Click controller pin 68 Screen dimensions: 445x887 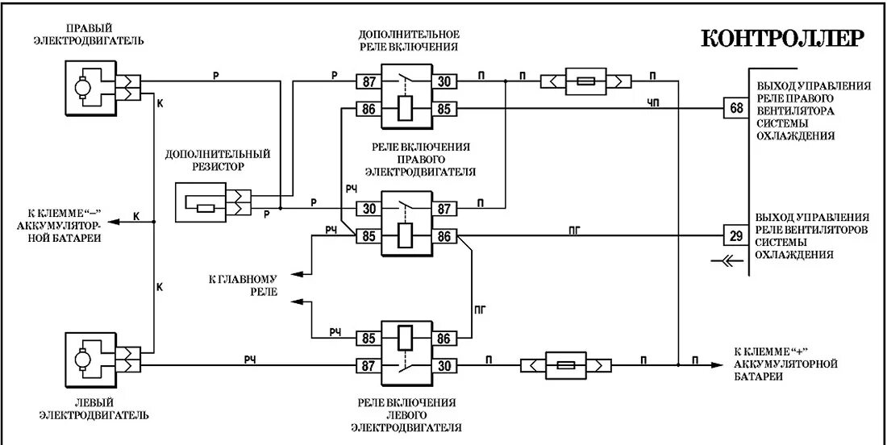point(736,109)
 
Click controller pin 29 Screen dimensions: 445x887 point(736,236)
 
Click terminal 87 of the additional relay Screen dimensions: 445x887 point(368,81)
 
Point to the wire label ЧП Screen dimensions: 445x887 point(652,102)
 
